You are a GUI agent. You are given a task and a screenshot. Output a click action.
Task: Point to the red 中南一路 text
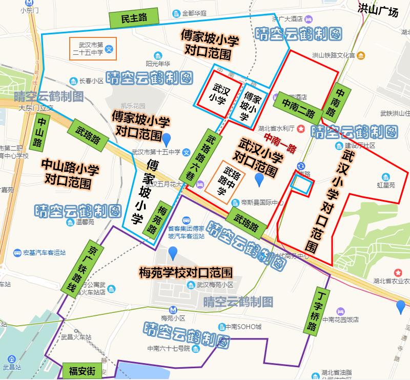(x=280, y=143)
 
